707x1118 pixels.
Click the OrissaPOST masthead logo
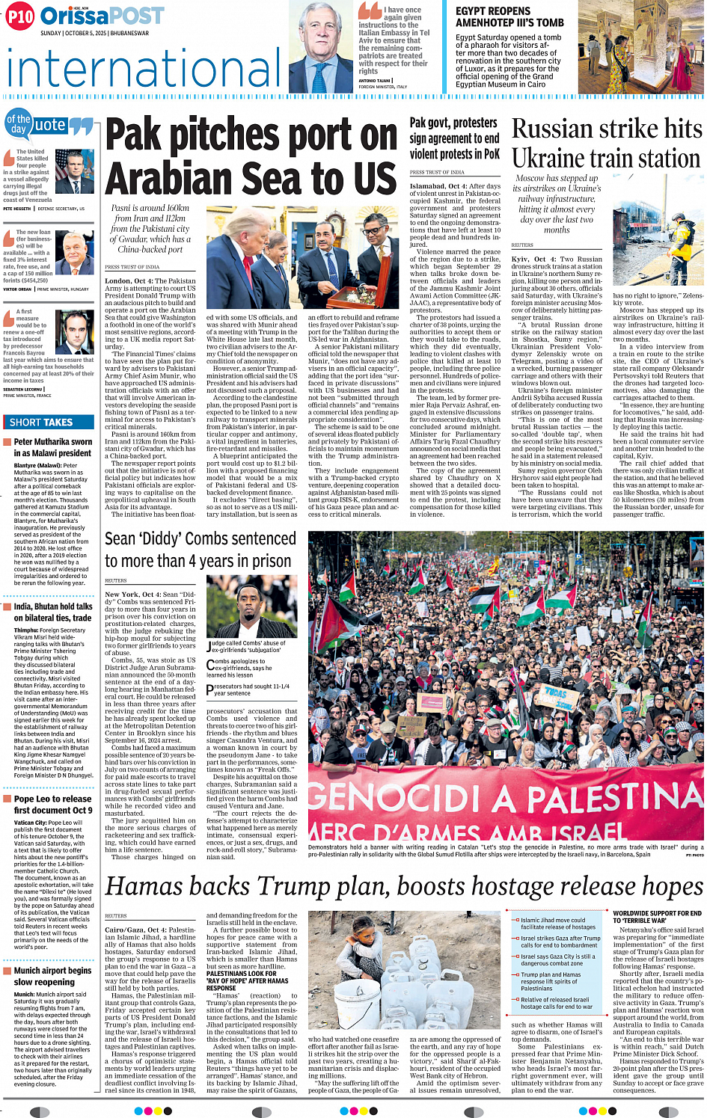click(102, 16)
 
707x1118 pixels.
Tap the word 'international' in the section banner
click(144, 68)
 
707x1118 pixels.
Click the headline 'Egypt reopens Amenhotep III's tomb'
click(509, 16)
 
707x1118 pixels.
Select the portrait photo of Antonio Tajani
click(320, 46)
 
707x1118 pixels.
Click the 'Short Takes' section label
click(41, 423)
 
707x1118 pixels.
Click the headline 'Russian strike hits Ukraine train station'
click(607, 144)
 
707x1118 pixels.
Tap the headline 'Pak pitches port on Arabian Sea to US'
click(251, 157)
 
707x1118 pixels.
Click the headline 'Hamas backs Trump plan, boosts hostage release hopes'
click(404, 886)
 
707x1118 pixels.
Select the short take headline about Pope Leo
click(52, 805)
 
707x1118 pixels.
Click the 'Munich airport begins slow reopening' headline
click(52, 976)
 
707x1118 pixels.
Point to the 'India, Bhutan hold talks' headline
click(52, 612)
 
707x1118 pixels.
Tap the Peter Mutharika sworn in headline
click(52, 447)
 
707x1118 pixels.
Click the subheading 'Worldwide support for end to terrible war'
click(657, 917)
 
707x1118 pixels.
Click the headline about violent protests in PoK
click(454, 138)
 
